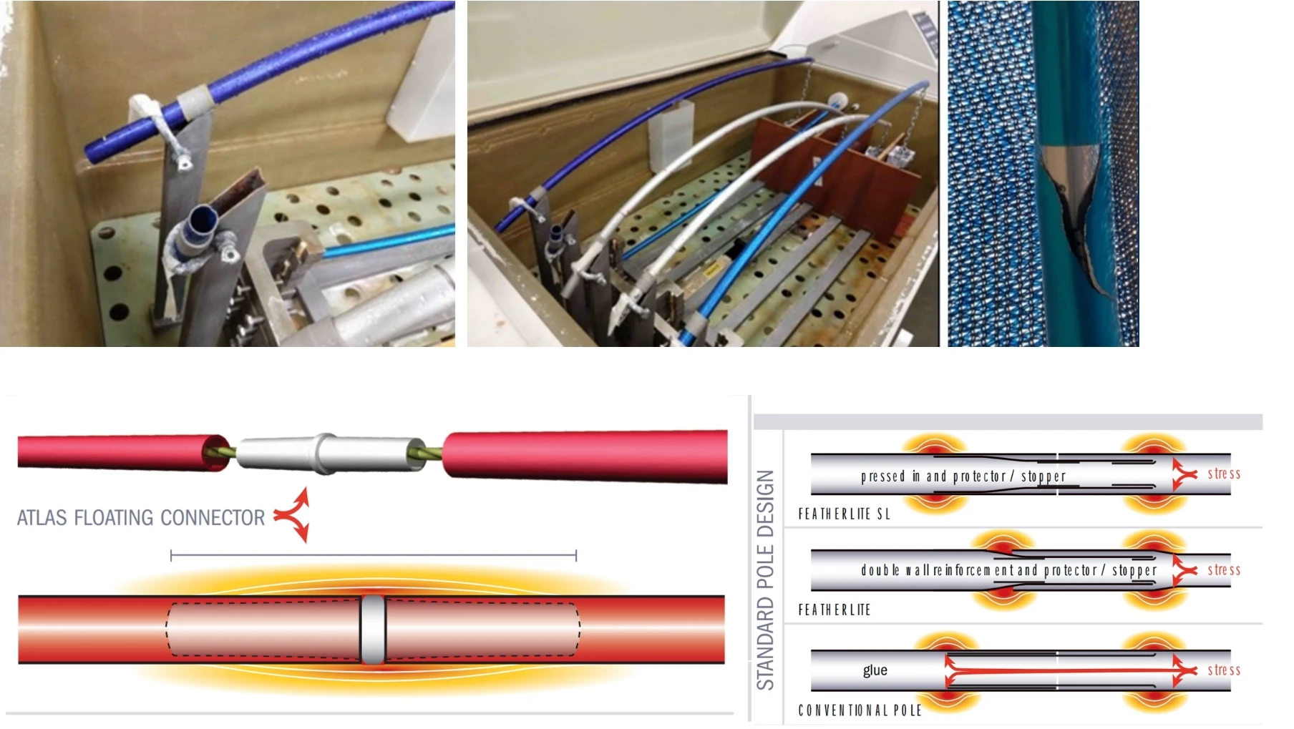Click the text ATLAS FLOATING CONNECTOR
[140, 517]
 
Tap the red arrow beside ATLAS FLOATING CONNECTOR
[293, 514]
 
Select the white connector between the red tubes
[326, 454]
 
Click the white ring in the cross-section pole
[373, 630]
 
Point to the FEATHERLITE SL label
[844, 514]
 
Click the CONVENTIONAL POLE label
[860, 710]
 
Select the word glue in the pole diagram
[875, 670]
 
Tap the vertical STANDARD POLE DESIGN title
[765, 579]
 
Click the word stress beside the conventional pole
[1223, 670]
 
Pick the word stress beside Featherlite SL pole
[1223, 474]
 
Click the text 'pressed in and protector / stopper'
[963, 476]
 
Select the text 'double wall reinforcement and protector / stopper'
[1008, 570]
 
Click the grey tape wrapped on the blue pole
[195, 100]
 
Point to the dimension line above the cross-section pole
[373, 554]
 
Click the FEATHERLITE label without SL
[834, 610]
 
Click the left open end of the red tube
[215, 451]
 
